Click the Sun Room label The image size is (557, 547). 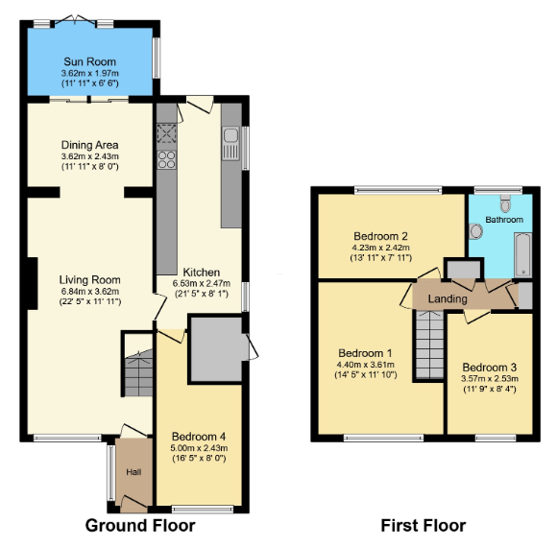(90, 61)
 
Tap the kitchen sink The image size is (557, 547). (230, 144)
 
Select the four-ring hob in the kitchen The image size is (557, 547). (166, 159)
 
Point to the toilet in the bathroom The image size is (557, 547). (505, 202)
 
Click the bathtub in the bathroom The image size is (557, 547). (522, 255)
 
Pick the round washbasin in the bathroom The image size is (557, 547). (475, 231)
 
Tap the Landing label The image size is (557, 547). (448, 298)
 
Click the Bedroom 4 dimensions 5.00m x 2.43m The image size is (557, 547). (199, 448)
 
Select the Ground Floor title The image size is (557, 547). (140, 526)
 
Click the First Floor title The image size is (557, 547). (424, 526)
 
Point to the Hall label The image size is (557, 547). (133, 472)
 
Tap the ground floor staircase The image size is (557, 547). (138, 372)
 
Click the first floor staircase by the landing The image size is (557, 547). (430, 345)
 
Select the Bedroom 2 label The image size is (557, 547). (380, 236)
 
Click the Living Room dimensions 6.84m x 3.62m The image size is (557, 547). (90, 292)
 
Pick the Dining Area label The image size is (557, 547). (90, 145)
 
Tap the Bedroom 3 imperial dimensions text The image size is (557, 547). (490, 389)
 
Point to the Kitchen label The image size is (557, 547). (202, 273)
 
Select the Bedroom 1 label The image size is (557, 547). (365, 353)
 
